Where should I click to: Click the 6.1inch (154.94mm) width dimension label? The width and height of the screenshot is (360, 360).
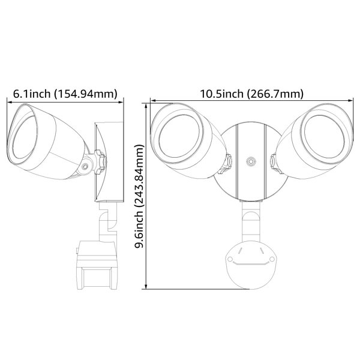65,93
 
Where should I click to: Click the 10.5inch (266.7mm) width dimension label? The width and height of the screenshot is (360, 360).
251,93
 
